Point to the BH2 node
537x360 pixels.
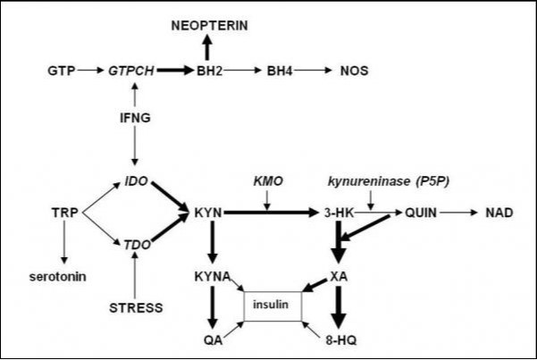point(212,69)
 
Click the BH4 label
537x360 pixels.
point(281,69)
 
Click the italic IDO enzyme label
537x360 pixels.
point(136,181)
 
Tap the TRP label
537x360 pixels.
point(65,213)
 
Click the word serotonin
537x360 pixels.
point(59,276)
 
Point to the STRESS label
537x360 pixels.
point(136,308)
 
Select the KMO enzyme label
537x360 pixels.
point(268,181)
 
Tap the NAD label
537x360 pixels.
point(499,213)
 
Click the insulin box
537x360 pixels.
point(273,306)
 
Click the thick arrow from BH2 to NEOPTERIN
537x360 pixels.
point(207,48)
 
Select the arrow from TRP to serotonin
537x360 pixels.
point(64,245)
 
